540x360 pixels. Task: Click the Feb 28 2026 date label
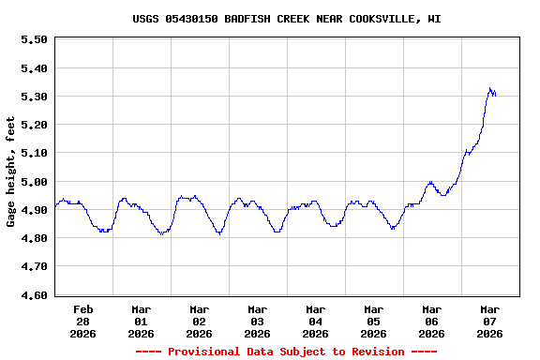[x=83, y=321]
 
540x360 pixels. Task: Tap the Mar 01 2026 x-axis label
[x=142, y=321]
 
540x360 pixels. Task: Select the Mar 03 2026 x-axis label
[x=258, y=321]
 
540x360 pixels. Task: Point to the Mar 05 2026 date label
[x=374, y=321]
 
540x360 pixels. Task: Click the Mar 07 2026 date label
[x=490, y=321]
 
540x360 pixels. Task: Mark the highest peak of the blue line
[x=489, y=89]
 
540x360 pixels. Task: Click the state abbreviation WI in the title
[x=435, y=19]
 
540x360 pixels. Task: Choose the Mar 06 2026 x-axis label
[x=432, y=321]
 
